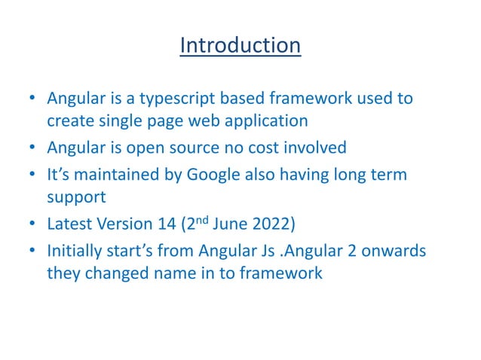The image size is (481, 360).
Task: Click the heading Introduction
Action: point(240,46)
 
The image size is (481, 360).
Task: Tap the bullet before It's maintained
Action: point(31,175)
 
